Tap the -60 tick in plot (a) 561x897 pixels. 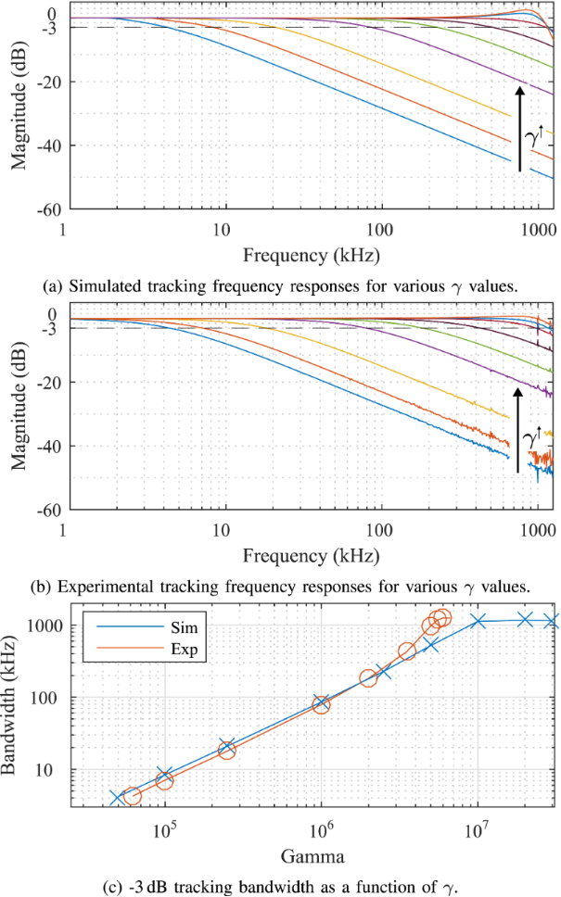point(43,209)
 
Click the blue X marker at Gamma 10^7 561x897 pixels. point(478,621)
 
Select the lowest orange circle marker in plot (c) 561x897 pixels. point(132,796)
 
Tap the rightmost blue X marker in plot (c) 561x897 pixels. point(552,621)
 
